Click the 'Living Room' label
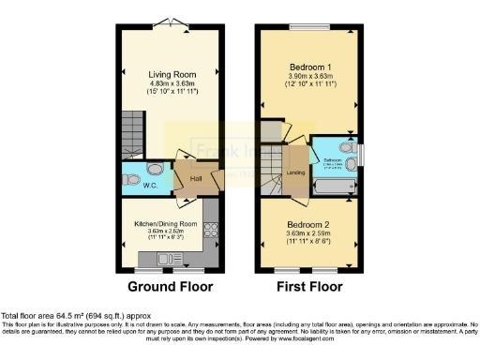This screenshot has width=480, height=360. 171,72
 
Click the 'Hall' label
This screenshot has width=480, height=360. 197,178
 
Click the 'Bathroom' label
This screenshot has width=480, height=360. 333,159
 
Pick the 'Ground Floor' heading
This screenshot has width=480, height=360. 170,286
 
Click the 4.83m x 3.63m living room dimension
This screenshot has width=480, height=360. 171,82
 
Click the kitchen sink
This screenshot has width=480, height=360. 150,258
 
